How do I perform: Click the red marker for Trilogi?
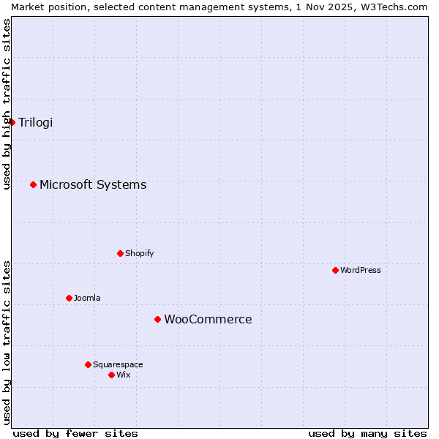point(12,122)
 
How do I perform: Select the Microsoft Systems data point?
point(33,184)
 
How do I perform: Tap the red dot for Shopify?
point(120,253)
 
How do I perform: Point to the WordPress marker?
point(335,270)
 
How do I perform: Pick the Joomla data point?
point(69,298)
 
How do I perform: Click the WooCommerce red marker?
point(157,319)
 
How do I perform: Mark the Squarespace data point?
point(88,364)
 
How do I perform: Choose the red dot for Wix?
point(111,375)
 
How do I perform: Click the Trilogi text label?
point(36,122)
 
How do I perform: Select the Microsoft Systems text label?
point(93,184)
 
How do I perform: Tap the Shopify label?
point(139,253)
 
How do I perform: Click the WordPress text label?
point(361,270)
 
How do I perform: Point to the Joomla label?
point(87,298)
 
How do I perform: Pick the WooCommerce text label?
point(208,319)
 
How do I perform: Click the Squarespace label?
point(118,364)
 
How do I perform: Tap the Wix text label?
point(123,375)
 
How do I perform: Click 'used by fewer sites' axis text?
point(75,433)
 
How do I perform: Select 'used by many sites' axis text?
point(367,433)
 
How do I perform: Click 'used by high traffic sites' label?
point(7,104)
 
